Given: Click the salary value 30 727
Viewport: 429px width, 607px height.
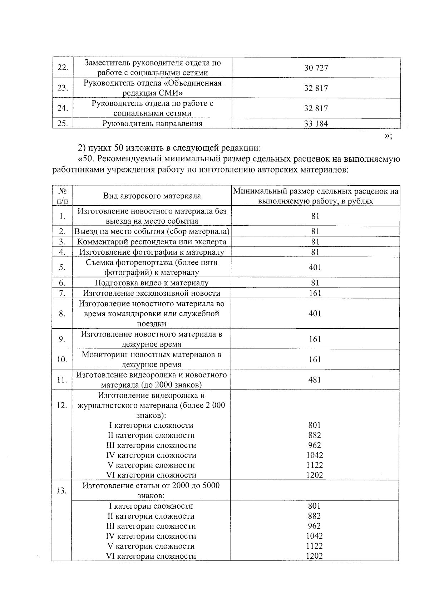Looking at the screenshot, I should tap(316, 68).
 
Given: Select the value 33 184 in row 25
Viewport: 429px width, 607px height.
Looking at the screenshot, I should tap(316, 124).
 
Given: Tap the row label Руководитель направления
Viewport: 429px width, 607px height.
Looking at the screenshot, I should tap(152, 124).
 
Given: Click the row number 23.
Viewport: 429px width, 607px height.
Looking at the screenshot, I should tap(63, 88).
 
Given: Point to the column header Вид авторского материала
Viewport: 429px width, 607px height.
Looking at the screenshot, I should tap(152, 196).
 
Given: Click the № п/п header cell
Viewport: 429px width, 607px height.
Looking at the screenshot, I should tap(62, 196).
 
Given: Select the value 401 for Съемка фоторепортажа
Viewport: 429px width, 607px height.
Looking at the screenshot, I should tap(315, 267).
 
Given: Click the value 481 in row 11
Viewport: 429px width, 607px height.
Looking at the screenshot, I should tap(315, 380).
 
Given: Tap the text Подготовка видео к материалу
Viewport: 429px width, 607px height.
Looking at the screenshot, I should tap(152, 283).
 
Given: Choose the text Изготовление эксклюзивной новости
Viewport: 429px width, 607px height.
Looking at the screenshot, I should tap(152, 293).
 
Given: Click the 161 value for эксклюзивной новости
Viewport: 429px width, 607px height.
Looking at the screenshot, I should tap(315, 293).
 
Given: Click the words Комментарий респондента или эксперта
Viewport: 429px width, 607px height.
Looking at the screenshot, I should tap(152, 242).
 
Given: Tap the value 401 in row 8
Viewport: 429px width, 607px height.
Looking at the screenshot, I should tap(315, 313).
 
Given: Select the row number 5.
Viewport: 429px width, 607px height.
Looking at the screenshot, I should tap(62, 267).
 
